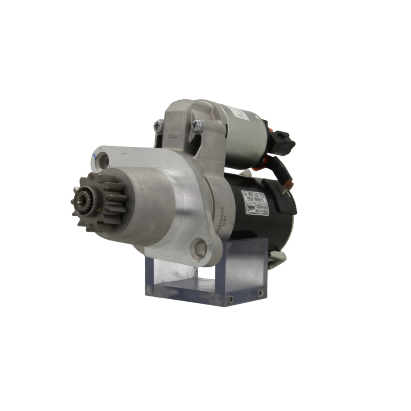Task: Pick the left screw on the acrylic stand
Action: point(231,299)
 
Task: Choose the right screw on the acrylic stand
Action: point(260,293)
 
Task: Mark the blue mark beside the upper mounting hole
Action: point(93,156)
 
